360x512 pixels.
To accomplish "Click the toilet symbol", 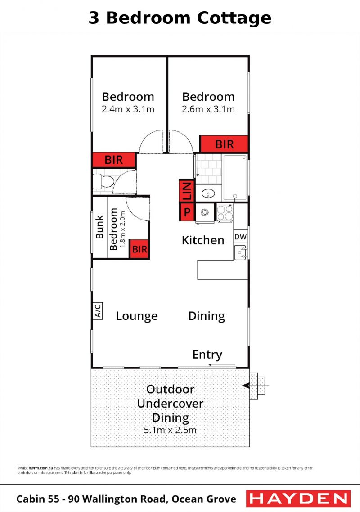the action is click(103, 182).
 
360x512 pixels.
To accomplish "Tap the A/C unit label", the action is click(98, 310).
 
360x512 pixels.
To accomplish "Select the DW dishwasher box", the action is click(240, 237).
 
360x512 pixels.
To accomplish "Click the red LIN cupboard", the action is click(187, 191).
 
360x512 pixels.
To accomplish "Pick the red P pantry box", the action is click(187, 212).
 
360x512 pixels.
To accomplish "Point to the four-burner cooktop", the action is click(225, 212).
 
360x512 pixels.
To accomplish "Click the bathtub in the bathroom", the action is click(235, 177).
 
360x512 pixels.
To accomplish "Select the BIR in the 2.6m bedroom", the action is click(224, 144).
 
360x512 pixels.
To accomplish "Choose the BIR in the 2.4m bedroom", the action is click(114, 160).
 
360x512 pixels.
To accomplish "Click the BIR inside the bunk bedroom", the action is click(139, 249).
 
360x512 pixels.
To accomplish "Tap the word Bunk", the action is click(99, 227).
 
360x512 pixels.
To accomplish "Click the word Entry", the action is click(207, 355).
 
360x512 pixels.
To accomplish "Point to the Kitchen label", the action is click(203, 240).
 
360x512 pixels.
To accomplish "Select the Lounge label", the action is click(136, 316).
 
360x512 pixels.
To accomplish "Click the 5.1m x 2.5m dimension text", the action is click(170, 430).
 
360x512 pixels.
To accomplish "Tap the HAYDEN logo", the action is click(298, 499).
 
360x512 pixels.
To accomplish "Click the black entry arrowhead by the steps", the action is click(246, 386).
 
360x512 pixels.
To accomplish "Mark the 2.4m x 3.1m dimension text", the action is click(128, 109).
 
